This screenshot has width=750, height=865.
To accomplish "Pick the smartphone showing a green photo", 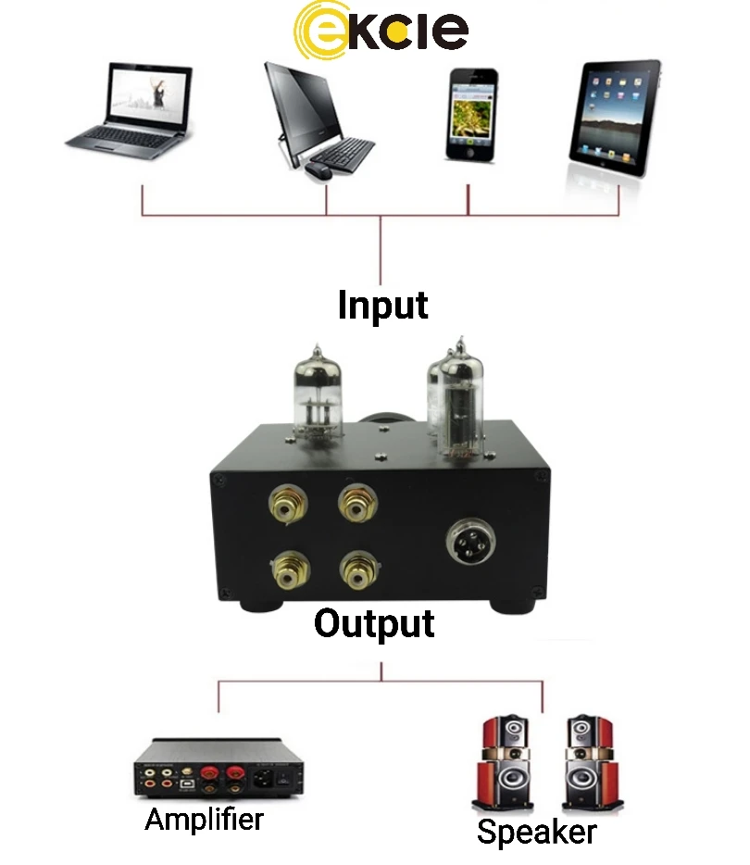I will pos(470,113).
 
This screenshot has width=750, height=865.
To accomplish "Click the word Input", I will pos(382,305).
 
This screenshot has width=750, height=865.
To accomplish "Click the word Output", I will pos(374,623).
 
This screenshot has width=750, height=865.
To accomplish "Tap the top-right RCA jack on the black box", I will pos(355,506).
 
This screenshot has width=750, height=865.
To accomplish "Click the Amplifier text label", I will pos(204,819).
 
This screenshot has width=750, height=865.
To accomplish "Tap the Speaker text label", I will pos(536,831).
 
